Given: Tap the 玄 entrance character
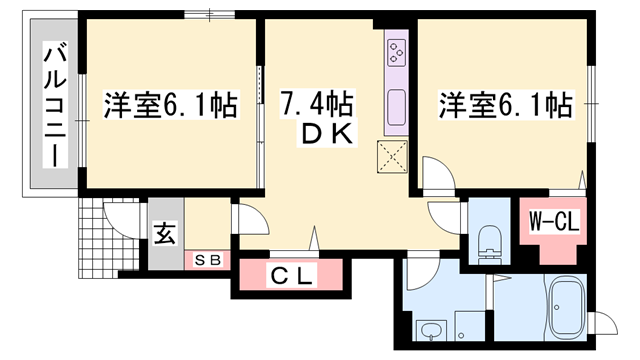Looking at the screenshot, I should [164, 237].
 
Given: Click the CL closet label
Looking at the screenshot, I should [290, 275].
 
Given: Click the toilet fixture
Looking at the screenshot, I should [490, 241].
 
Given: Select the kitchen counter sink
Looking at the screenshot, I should [395, 104].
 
